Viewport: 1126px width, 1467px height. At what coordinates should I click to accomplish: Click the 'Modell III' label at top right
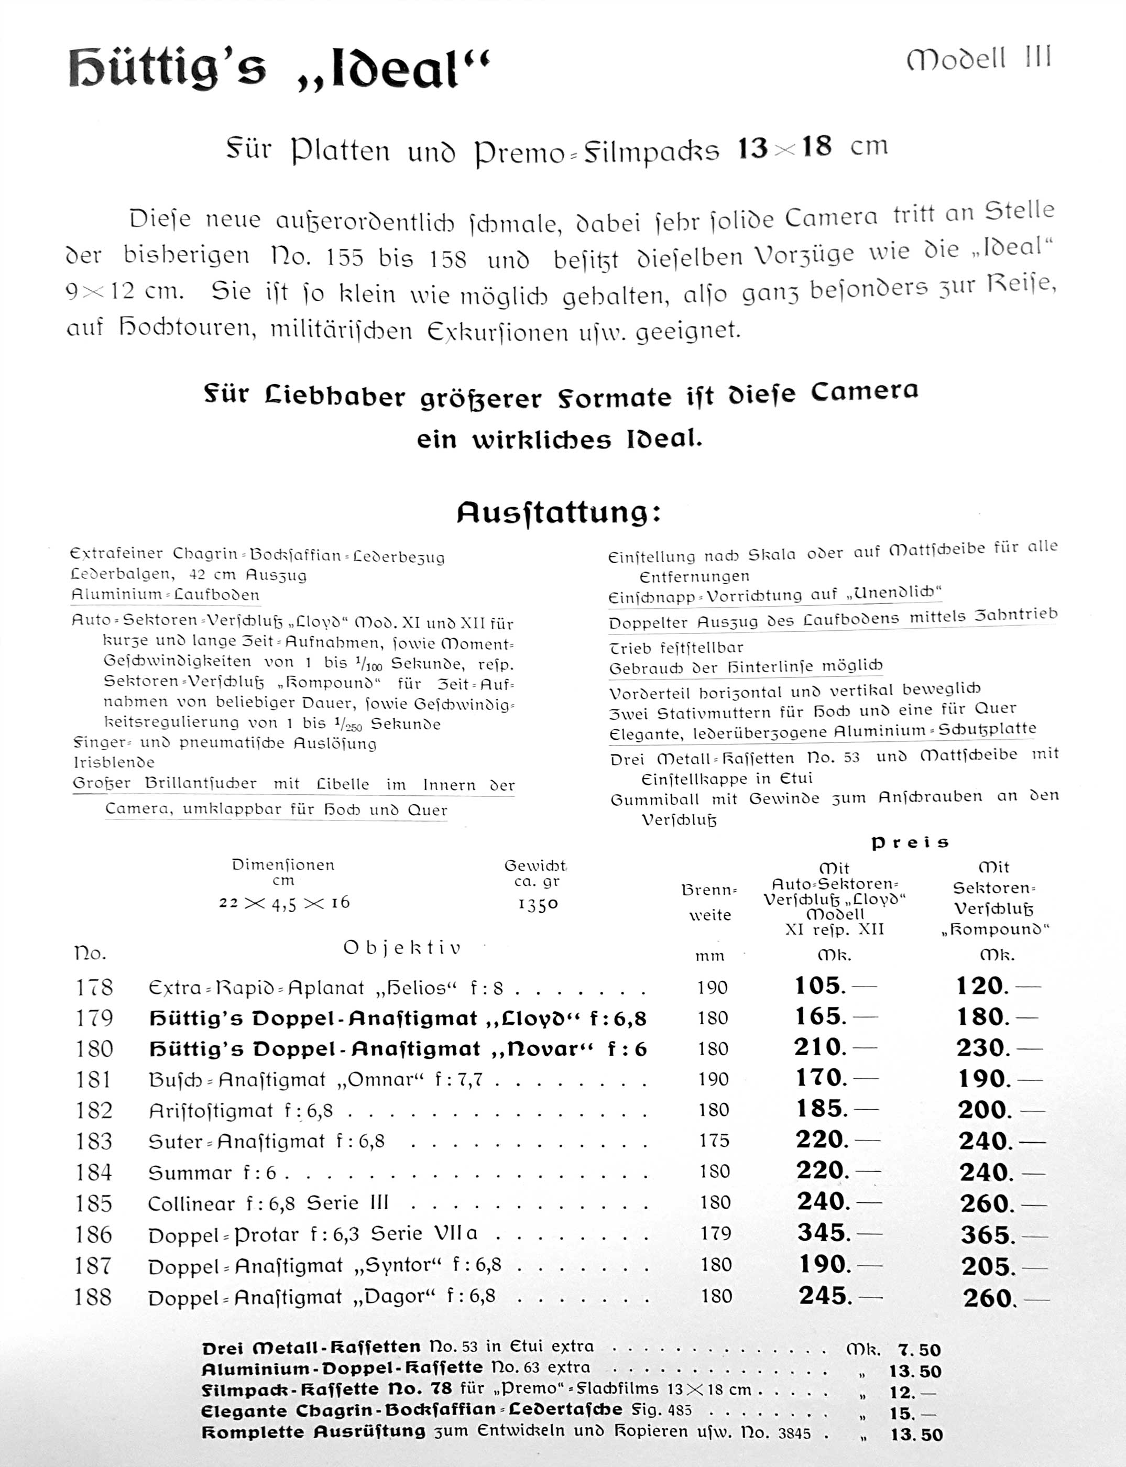pos(979,60)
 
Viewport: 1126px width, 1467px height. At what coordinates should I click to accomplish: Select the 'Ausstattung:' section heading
pos(559,513)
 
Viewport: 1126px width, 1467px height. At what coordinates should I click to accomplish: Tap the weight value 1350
pos(538,904)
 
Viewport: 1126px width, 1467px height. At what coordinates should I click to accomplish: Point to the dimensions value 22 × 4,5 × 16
pos(284,903)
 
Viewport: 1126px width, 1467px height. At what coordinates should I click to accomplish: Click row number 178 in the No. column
pos(94,987)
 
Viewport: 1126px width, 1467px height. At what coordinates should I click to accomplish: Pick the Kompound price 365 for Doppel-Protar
pos(985,1234)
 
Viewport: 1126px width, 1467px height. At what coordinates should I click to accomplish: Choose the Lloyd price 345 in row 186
pos(824,1232)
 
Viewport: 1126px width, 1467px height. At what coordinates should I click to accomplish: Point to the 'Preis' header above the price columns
pos(910,843)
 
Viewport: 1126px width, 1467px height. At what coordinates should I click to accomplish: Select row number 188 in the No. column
pos(93,1297)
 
